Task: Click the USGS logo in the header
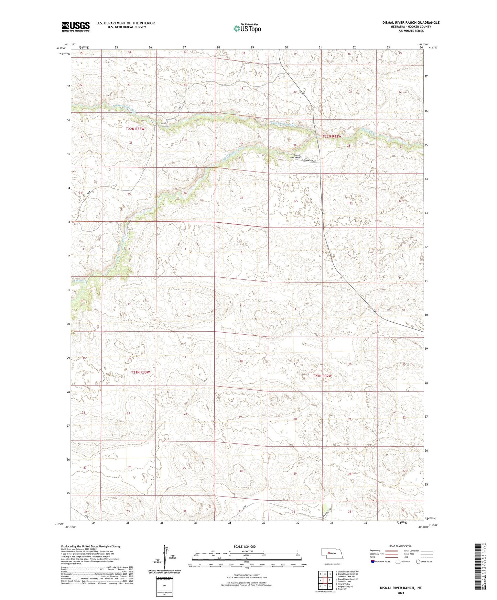pos(75,26)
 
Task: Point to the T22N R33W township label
pos(135,129)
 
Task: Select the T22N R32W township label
pos(332,136)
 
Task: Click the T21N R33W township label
pos(140,372)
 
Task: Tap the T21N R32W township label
pos(322,376)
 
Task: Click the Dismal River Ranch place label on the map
pos(294,156)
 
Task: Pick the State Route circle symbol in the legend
pos(418,562)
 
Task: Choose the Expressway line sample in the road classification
pos(390,551)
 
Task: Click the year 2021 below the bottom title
pos(400,593)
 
